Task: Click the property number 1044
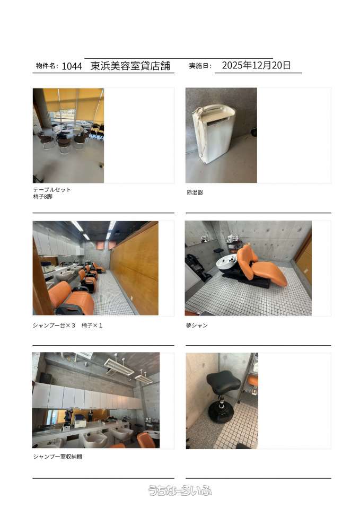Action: point(72,66)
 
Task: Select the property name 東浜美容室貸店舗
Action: point(130,66)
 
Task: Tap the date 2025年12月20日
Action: point(257,65)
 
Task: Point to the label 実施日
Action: point(199,66)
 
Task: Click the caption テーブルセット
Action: point(52,190)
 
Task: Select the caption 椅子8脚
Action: point(42,197)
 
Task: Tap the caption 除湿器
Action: point(195,192)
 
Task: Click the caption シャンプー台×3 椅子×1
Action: point(67,325)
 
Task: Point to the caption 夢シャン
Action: point(197,325)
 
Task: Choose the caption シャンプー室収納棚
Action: point(57,457)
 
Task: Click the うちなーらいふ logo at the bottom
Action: point(180,490)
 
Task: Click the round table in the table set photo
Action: point(69,129)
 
